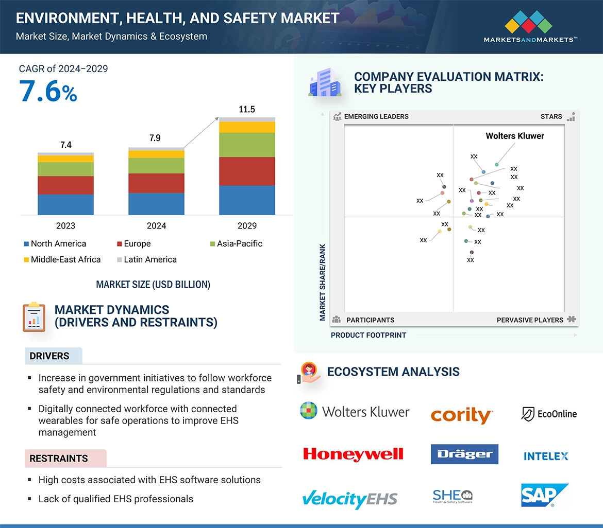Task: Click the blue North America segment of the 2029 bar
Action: pos(247,200)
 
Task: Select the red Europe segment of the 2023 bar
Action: pos(65,185)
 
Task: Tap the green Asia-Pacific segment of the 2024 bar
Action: pos(156,165)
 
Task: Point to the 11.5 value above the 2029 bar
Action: pos(247,109)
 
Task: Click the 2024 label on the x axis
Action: pos(156,225)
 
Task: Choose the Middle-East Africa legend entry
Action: pos(62,259)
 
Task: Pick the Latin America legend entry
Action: pos(146,259)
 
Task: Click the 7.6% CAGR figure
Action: pos(48,91)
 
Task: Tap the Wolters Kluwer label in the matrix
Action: pos(515,136)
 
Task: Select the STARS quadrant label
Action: pos(551,116)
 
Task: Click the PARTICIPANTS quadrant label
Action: pos(370,320)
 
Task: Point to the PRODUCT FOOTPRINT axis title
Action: pos(368,335)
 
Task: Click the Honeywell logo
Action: pos(353,454)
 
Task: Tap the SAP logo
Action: pos(544,495)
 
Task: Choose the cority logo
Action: pos(462,415)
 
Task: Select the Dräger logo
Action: pos(464,454)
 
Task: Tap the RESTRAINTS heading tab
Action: pos(59,458)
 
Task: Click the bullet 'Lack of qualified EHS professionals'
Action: pos(115,499)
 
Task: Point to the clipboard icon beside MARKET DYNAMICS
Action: pos(34,316)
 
